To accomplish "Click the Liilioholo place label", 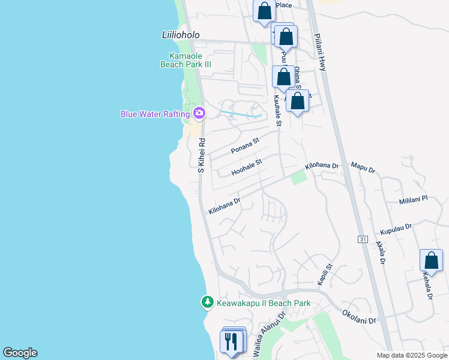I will (181, 35).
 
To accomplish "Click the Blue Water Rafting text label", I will (155, 113).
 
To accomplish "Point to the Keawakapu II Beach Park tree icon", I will (207, 302).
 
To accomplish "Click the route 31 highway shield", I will (362, 239).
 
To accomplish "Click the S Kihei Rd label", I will (202, 156).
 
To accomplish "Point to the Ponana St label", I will (244, 146).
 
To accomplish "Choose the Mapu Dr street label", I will (363, 167).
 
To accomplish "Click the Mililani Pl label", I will (412, 198).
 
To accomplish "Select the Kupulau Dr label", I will (396, 229).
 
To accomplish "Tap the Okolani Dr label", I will (359, 317).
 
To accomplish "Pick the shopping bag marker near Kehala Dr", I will (431, 261).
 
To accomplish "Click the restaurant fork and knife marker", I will (232, 341).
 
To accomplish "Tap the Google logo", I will (20, 353).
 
